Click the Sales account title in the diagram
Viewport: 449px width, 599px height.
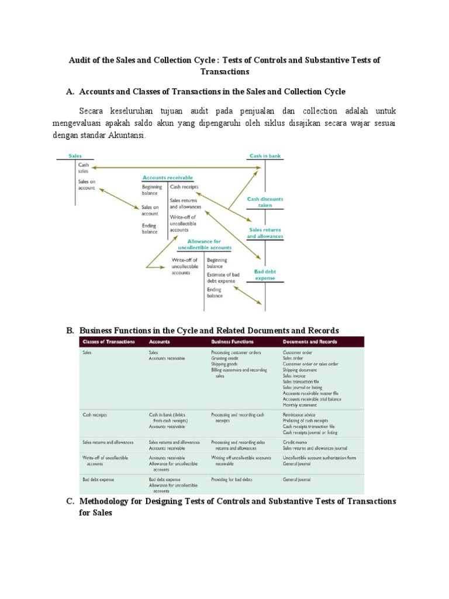pos(75,156)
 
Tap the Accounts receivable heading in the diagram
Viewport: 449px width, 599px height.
pos(168,177)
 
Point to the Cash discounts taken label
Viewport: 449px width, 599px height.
pos(265,202)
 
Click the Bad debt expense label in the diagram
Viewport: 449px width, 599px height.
pos(265,275)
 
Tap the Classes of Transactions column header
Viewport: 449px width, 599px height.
pos(109,342)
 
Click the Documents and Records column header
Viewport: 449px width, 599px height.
pos(310,342)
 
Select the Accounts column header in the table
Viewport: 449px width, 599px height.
pos(160,342)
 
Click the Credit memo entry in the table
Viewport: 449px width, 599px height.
pos(293,442)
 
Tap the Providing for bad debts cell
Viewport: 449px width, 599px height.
pos(233,480)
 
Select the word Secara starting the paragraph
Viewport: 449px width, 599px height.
pos(93,111)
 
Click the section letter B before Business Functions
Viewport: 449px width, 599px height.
pos(70,331)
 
